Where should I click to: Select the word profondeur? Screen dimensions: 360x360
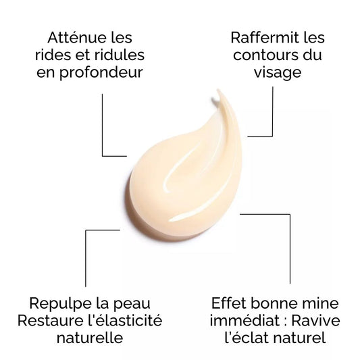(x=101, y=73)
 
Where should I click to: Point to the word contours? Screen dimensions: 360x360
(x=265, y=55)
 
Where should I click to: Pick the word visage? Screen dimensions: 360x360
(x=278, y=74)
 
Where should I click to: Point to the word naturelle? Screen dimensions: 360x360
(x=90, y=338)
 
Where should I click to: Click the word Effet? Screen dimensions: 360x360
(x=229, y=303)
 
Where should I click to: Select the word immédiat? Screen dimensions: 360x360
(x=245, y=321)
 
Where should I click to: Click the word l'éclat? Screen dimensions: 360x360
(x=247, y=338)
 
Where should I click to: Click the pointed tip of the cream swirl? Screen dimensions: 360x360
(x=217, y=90)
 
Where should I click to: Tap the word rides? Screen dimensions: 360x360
(x=53, y=55)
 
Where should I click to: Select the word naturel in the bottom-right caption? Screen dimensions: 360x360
(x=300, y=338)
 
